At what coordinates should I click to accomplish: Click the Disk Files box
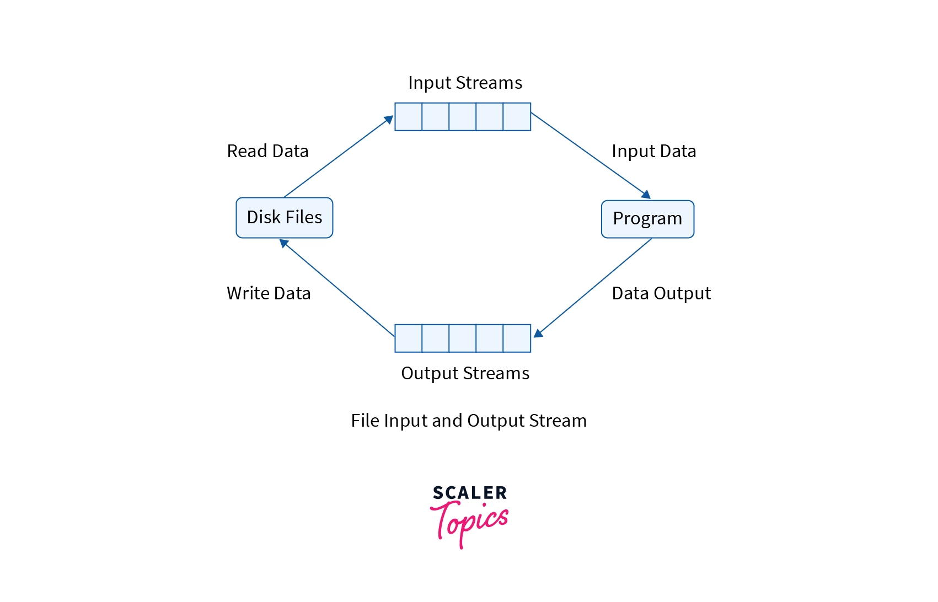[x=284, y=218]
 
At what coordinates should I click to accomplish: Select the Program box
[x=647, y=219]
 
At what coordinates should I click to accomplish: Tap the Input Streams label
[x=465, y=83]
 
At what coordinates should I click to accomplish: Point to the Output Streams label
[x=465, y=373]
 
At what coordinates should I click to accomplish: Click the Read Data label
[x=267, y=151]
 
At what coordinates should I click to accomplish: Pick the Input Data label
[x=653, y=151]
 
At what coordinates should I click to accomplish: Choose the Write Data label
[x=269, y=293]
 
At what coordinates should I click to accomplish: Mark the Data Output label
[x=661, y=293]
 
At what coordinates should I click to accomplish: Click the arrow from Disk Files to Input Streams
[x=337, y=157]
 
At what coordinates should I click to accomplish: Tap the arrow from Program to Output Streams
[x=594, y=287]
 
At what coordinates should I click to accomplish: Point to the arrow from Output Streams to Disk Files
[x=337, y=288]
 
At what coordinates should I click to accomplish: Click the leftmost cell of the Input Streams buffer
[x=409, y=117]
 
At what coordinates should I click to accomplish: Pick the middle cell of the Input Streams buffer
[x=463, y=117]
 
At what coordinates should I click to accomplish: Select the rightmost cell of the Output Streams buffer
[x=517, y=338]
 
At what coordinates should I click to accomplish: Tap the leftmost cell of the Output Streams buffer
[x=409, y=338]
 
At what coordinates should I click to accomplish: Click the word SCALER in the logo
[x=469, y=493]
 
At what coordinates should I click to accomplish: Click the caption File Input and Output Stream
[x=469, y=421]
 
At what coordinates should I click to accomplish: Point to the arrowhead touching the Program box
[x=646, y=195]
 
